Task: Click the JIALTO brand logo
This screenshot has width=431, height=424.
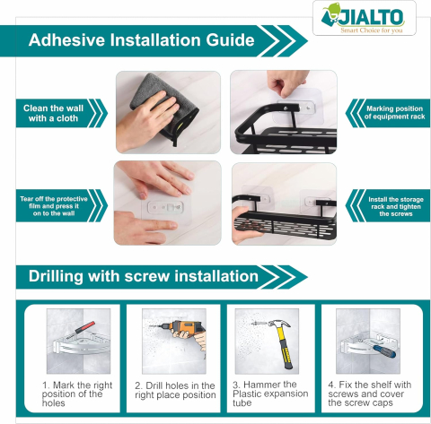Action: [365, 18]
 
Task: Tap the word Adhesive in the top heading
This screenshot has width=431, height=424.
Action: [67, 40]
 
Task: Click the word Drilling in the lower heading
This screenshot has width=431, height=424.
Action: [56, 276]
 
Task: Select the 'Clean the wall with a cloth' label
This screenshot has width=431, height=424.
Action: [53, 113]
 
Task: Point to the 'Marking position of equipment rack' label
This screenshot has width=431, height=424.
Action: [394, 113]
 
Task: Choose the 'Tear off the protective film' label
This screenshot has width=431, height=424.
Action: [54, 206]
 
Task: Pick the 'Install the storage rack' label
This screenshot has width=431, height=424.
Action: [396, 206]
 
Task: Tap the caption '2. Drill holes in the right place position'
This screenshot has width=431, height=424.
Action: [175, 390]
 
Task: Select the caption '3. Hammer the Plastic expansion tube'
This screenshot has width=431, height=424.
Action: [270, 394]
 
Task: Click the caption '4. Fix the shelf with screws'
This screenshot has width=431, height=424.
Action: [370, 394]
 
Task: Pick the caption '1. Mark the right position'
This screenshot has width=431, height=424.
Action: [77, 394]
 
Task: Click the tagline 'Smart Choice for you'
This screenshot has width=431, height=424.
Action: [372, 30]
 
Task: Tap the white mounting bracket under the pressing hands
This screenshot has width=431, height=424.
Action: [166, 207]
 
